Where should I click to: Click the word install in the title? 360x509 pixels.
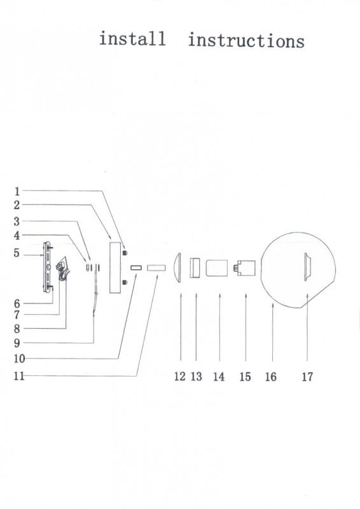132,38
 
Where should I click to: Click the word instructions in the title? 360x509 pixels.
246,41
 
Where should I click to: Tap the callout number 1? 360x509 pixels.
17,192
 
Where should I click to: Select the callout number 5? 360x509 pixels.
17,253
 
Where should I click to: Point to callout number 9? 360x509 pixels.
17,343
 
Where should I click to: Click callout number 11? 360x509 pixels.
19,376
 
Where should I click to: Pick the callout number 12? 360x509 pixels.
180,377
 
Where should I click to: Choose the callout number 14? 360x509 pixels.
219,377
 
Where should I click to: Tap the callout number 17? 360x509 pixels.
307,377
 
